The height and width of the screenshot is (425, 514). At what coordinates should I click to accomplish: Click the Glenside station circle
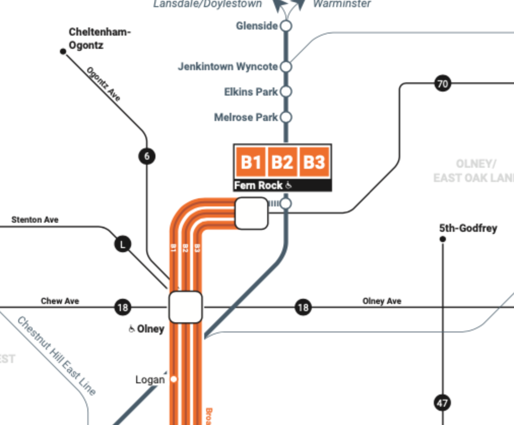click(x=286, y=26)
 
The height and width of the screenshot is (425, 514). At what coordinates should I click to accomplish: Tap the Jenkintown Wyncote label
click(x=228, y=67)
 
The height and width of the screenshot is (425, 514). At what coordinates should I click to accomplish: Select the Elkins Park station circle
click(x=286, y=92)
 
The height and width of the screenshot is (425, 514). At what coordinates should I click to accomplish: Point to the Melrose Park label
click(x=246, y=117)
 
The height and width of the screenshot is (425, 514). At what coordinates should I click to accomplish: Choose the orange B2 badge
click(x=282, y=162)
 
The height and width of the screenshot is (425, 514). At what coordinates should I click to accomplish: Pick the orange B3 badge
click(x=314, y=162)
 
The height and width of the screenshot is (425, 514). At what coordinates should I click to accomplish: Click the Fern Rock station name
click(x=258, y=186)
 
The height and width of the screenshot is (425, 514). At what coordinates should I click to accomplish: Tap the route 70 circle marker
click(x=443, y=83)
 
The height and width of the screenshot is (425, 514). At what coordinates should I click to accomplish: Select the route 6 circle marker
click(x=147, y=156)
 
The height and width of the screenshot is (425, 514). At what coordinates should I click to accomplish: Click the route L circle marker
click(x=122, y=245)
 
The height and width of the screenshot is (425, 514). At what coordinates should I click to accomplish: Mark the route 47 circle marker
click(x=442, y=403)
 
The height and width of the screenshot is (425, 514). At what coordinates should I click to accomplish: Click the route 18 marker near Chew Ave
click(x=122, y=308)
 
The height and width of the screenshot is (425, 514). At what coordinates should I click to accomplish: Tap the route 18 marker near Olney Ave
click(x=303, y=308)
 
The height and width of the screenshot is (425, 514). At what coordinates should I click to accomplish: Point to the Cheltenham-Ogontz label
click(x=100, y=39)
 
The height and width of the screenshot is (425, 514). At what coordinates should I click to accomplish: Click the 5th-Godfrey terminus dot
click(x=442, y=239)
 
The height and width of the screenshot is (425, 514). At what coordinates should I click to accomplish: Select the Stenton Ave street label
click(x=35, y=220)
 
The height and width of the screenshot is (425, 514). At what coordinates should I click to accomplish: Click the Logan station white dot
click(x=174, y=379)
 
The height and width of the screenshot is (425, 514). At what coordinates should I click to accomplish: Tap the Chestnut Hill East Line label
click(x=56, y=356)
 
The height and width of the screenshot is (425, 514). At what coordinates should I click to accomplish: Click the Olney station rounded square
click(x=185, y=307)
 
